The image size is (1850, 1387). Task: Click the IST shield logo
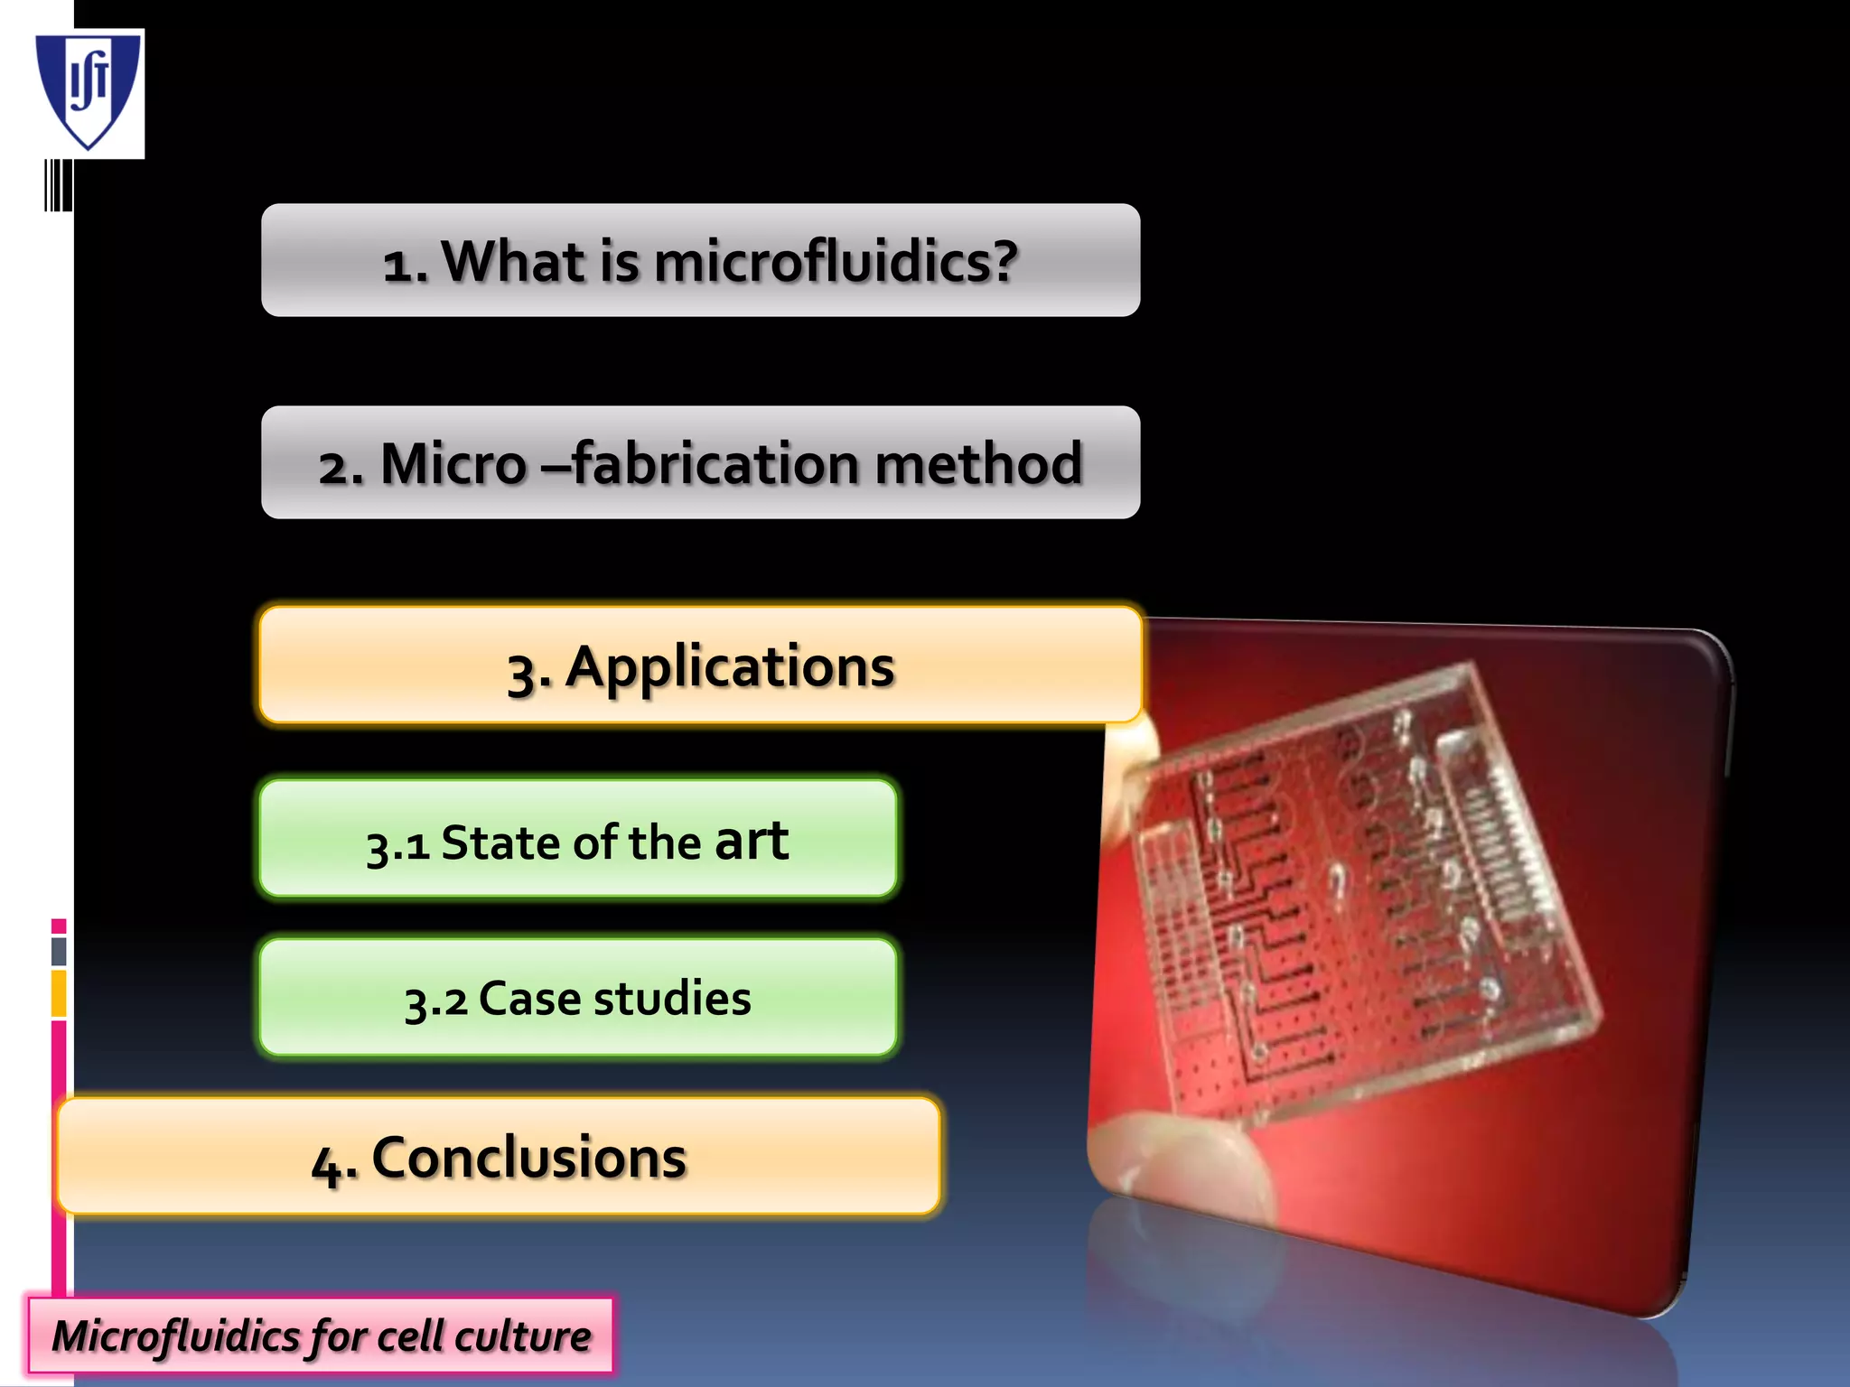[x=89, y=90]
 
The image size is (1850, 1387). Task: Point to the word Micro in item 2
[x=453, y=464]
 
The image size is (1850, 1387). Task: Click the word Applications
[x=730, y=667]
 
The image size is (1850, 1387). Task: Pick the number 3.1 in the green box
[x=397, y=845]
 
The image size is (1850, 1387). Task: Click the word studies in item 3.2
[x=672, y=999]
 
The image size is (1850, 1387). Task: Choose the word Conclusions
[x=528, y=1158]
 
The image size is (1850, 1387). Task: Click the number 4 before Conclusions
[x=327, y=1163]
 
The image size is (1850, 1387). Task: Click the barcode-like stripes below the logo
[x=59, y=186]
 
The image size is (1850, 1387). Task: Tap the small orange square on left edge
[x=59, y=992]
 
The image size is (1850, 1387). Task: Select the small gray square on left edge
[x=59, y=951]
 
